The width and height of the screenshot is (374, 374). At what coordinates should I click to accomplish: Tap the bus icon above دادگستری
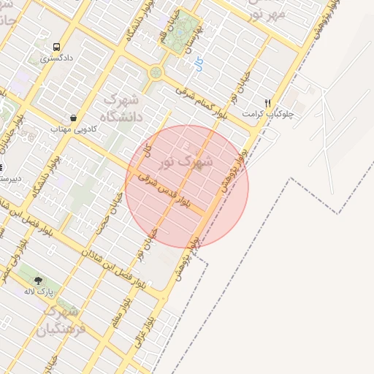coord(56,45)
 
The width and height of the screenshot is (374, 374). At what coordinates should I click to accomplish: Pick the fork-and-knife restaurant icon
coord(268,103)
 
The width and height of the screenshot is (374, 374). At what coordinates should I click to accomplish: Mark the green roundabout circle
coord(156,72)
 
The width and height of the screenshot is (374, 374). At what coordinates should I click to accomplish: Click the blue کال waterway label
coord(199,65)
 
